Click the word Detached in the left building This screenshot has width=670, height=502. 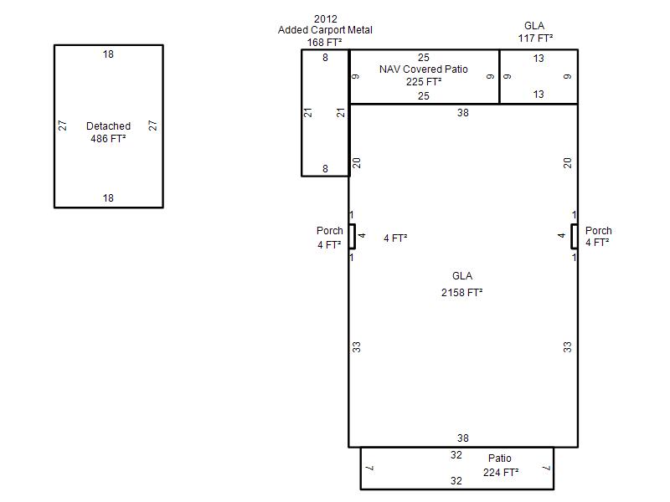[x=109, y=126]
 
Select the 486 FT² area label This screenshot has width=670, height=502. [x=108, y=139]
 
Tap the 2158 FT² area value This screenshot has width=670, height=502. [x=462, y=292]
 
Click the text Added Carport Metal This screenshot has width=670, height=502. [x=325, y=30]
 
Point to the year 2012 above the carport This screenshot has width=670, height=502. [x=326, y=18]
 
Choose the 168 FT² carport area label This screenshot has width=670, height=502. [x=324, y=43]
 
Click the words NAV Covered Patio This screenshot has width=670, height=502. [x=424, y=69]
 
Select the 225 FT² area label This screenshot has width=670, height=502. [x=424, y=81]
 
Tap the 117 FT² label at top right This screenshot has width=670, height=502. [x=535, y=38]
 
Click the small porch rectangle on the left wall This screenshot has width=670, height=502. [x=352, y=237]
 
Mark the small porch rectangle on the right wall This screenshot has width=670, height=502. [x=575, y=237]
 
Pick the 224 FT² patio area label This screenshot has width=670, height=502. [x=501, y=473]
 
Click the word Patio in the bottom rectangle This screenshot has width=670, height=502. [x=500, y=458]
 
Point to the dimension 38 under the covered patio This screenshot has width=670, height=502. [x=463, y=113]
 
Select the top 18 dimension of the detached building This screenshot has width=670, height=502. [x=108, y=54]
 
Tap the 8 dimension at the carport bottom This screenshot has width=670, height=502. [x=325, y=169]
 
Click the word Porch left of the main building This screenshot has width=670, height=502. [x=330, y=231]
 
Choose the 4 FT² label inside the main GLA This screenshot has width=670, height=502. [x=395, y=238]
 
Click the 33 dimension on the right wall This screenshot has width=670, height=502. [x=567, y=347]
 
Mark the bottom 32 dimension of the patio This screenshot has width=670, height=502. [x=456, y=480]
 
